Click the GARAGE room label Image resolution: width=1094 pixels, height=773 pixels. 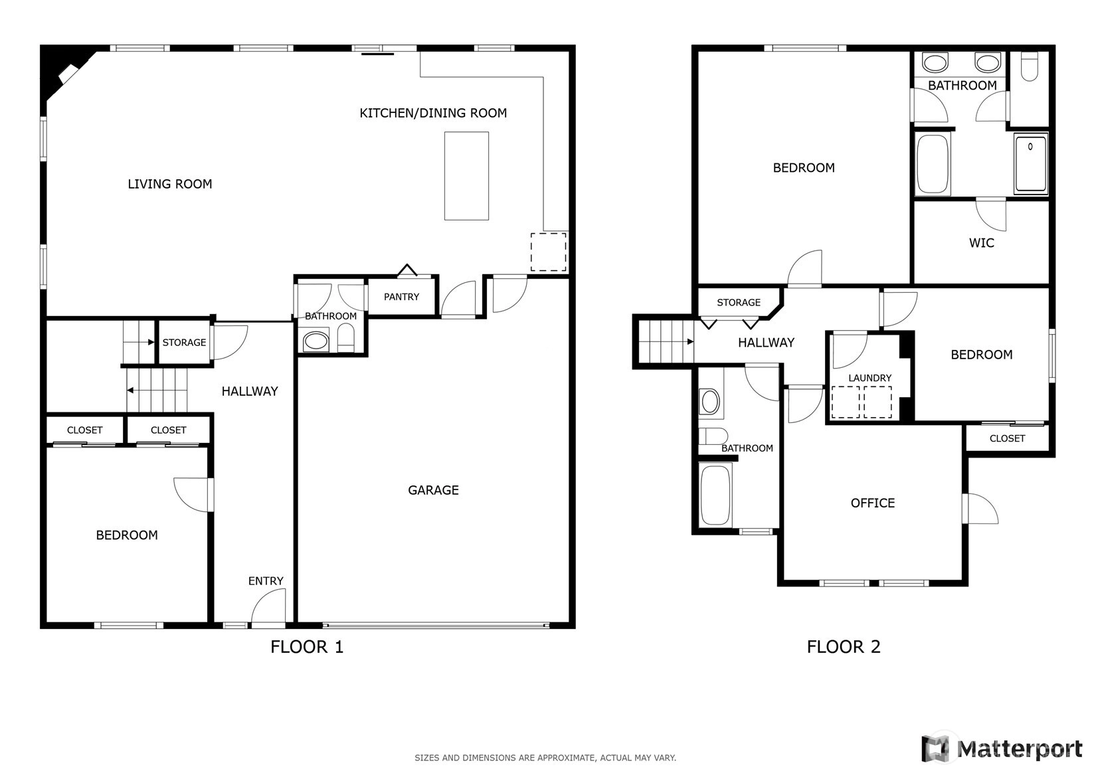(433, 490)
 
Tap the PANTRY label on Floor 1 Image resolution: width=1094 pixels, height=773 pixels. (401, 297)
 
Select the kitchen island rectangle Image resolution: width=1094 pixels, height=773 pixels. (466, 176)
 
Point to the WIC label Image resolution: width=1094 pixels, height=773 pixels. (982, 242)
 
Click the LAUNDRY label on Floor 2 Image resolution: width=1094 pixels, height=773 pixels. (870, 378)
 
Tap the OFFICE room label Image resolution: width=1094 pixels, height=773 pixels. (873, 503)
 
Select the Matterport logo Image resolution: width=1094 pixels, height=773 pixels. (1002, 748)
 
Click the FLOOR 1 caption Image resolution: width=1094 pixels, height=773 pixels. (307, 647)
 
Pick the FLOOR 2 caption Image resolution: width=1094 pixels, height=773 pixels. (844, 647)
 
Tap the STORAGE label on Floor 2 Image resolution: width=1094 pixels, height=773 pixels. (739, 303)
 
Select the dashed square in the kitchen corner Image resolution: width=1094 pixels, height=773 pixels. (549, 252)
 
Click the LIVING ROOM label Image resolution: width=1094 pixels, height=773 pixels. (170, 184)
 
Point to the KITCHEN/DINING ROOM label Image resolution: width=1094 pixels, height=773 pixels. (433, 114)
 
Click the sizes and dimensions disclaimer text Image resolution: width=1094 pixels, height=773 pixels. (545, 758)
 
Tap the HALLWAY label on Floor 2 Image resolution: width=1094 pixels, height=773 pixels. (766, 343)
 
